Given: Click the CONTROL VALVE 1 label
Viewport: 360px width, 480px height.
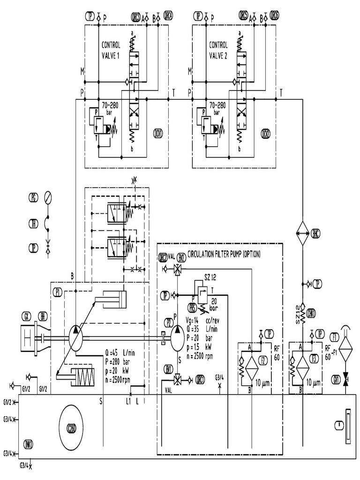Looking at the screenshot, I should [112, 50].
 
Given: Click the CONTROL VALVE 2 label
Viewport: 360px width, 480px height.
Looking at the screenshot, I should [218, 50].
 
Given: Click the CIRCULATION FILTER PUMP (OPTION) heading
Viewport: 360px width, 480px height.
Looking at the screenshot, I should [224, 254].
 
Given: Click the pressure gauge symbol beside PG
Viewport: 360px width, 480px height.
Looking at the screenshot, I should [47, 196].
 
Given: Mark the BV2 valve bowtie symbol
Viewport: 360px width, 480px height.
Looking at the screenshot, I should [178, 269].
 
